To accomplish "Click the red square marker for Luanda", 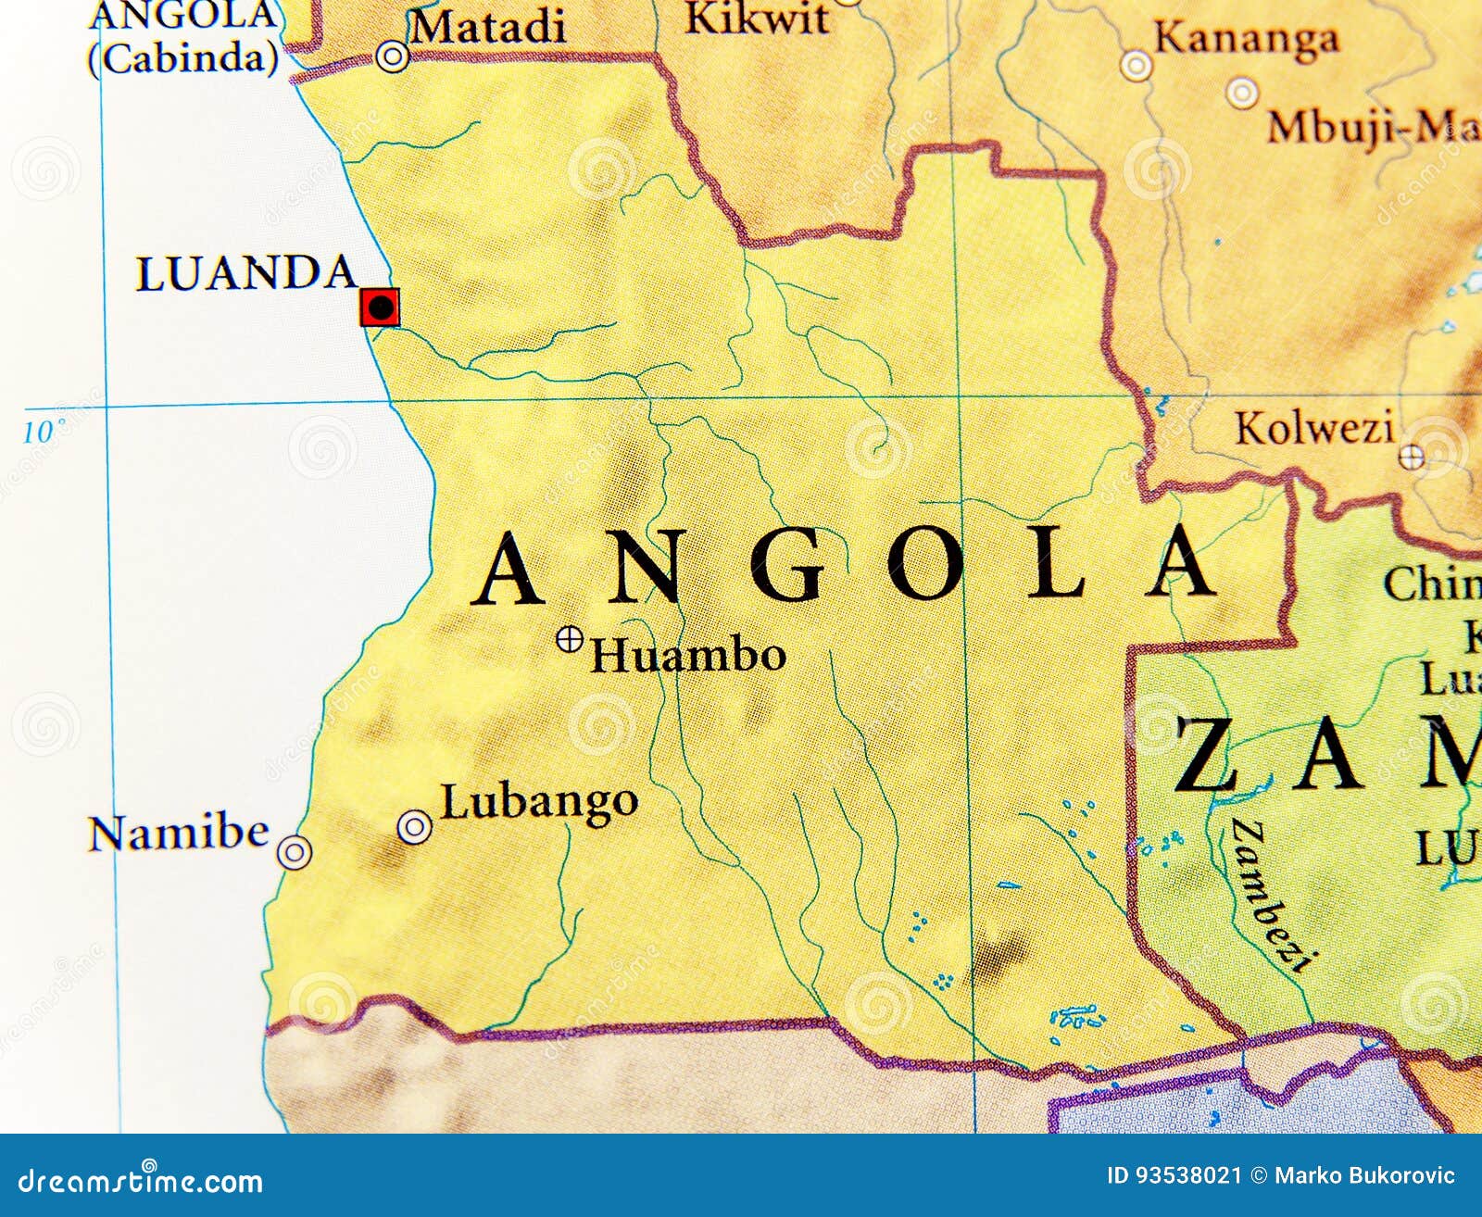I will pyautogui.click(x=380, y=307).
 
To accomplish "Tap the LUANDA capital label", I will pyautogui.click(x=245, y=273).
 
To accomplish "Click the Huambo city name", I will pyautogui.click(x=687, y=656).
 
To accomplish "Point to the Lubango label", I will pyautogui.click(x=538, y=802).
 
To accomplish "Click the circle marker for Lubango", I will pyautogui.click(x=414, y=826).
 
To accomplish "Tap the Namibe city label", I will pyautogui.click(x=178, y=834).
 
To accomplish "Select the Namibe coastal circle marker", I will pyautogui.click(x=295, y=851).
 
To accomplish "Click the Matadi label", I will pyautogui.click(x=487, y=27).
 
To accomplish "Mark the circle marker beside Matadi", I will pyautogui.click(x=393, y=56).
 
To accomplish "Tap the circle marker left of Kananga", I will pyautogui.click(x=1136, y=66).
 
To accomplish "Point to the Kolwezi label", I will pyautogui.click(x=1313, y=429).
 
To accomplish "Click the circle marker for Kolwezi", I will pyautogui.click(x=1413, y=456).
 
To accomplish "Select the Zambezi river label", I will pyautogui.click(x=1265, y=895).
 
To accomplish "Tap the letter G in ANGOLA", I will pyautogui.click(x=787, y=566).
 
